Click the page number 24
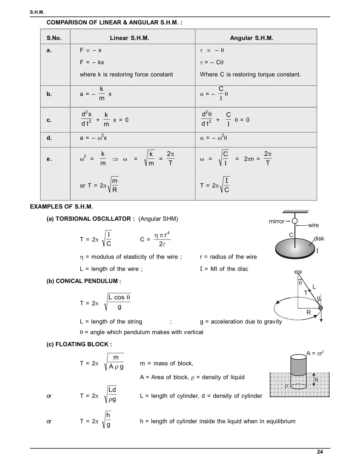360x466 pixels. pos(320,452)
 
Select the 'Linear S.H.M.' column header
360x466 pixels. pos(129,38)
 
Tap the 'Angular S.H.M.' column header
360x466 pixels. pos(251,38)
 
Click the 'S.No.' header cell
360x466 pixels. pos(54,38)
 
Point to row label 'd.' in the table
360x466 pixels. pos(49,138)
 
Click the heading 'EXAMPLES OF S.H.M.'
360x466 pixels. pos(61,206)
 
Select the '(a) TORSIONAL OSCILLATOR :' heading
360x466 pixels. pos(90,219)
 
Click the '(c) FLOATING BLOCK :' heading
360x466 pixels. pos(79,344)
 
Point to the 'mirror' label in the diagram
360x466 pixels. pos(276,221)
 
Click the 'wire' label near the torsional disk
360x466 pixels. pos(313,225)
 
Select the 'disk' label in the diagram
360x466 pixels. pos(319,239)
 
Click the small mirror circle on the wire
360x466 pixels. pos(294,221)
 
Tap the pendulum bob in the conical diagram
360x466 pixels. pos(320,308)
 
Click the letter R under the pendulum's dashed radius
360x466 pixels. pos(309,313)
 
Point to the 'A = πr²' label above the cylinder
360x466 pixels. pos(315,353)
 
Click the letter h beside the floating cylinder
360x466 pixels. pos(317,380)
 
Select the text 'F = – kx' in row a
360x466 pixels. pos(92,62)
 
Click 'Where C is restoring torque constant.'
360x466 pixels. pos(250,75)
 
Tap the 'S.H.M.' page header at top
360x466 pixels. pos(37,12)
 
